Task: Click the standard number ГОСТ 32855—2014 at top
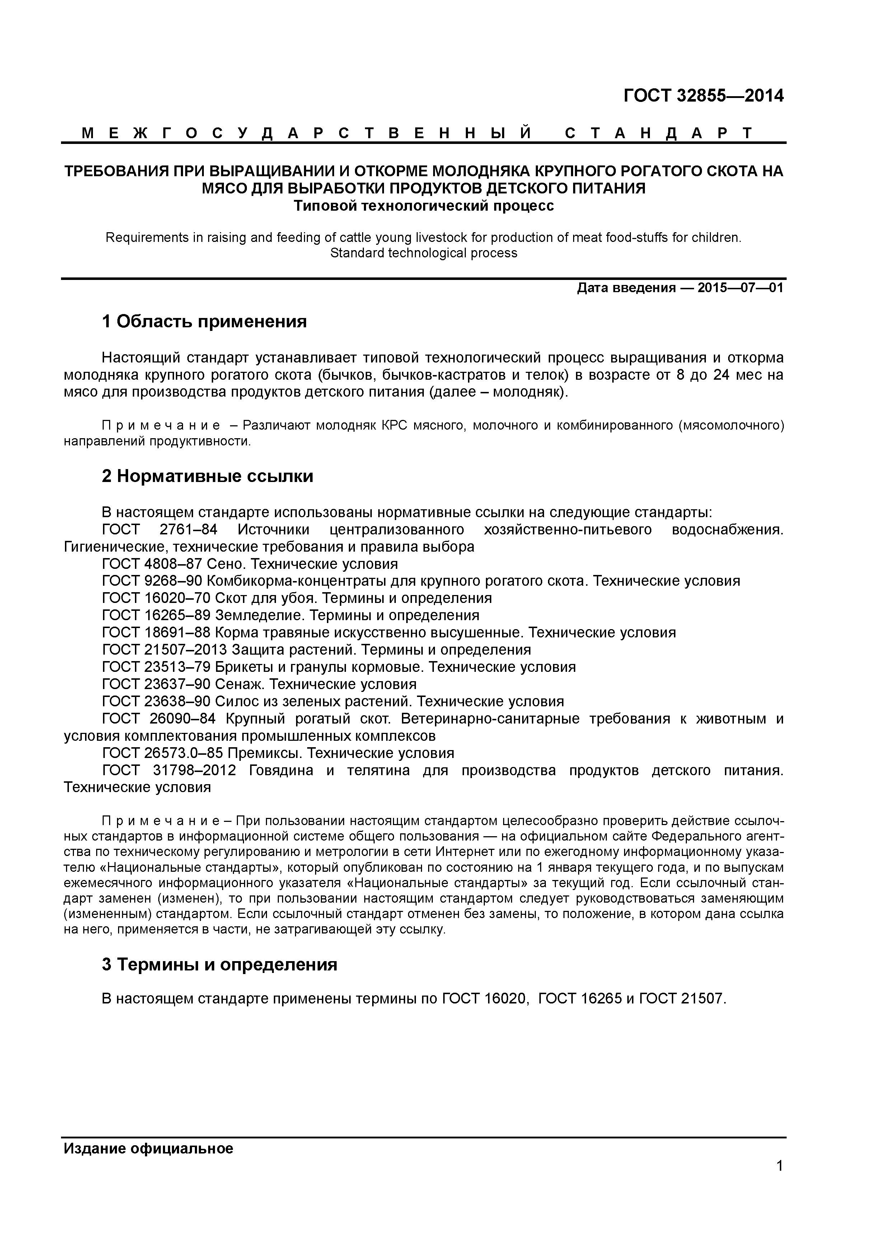pyautogui.click(x=703, y=96)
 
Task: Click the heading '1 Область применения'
pyautogui.click(x=204, y=322)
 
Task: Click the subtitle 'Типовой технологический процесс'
pyautogui.click(x=423, y=206)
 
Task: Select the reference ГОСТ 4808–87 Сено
pyautogui.click(x=249, y=564)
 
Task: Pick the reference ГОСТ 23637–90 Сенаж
pyautogui.click(x=259, y=684)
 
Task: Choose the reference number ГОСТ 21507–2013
pyautogui.click(x=164, y=650)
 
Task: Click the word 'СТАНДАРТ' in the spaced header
pyautogui.click(x=658, y=133)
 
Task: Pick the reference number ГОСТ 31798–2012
pyautogui.click(x=169, y=771)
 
